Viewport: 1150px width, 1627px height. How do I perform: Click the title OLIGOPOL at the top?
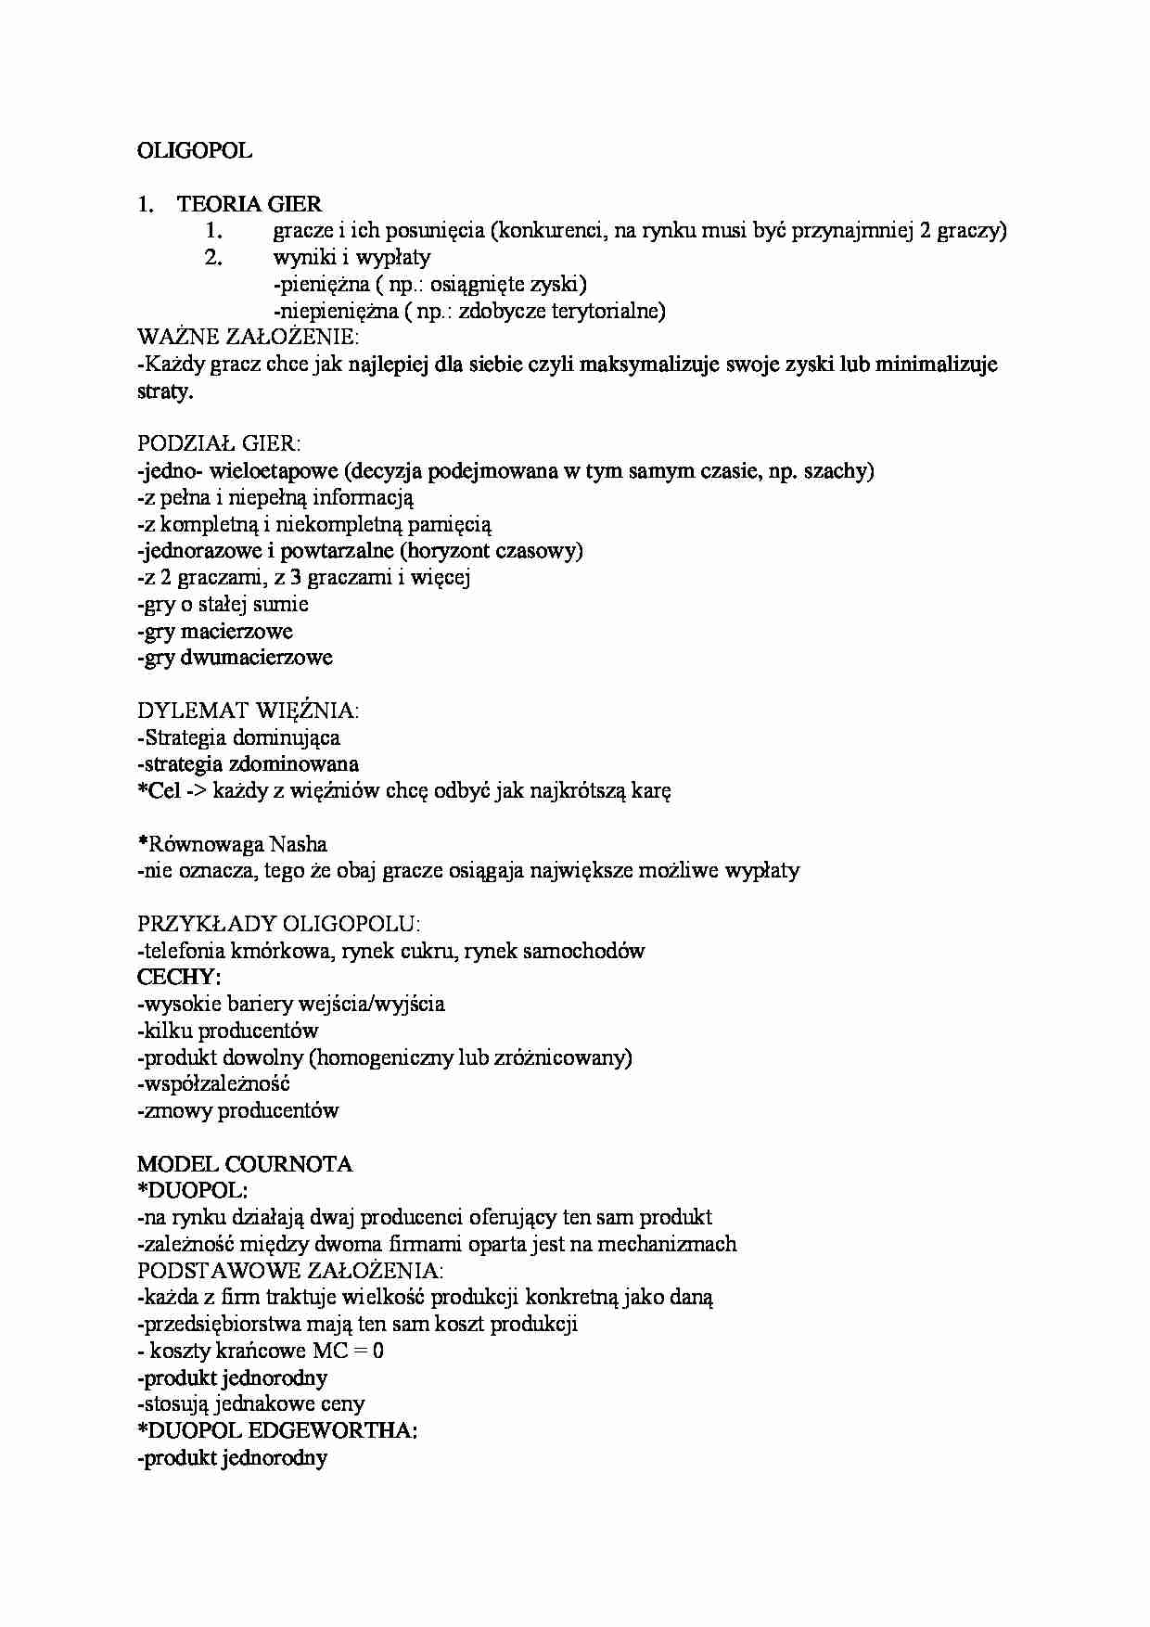tap(194, 150)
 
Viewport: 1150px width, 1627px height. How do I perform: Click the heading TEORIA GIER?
tap(250, 204)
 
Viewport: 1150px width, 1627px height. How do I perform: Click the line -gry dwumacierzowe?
tap(235, 658)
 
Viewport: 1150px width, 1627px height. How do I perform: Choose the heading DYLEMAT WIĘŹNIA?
tap(248, 711)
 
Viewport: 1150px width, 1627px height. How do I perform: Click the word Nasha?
tap(298, 844)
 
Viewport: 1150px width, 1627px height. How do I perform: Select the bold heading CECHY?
tap(179, 977)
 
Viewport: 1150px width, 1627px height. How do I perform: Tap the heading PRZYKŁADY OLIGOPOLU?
tap(278, 924)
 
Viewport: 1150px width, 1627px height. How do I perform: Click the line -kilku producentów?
tap(227, 1031)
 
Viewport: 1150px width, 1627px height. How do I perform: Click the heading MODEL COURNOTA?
tap(245, 1164)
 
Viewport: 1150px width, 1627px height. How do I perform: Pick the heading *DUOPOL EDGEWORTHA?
tap(277, 1430)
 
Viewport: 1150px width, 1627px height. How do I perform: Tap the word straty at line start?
tap(164, 391)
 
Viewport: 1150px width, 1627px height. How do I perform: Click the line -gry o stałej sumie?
tap(223, 605)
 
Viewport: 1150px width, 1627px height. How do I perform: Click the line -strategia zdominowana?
tap(248, 764)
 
